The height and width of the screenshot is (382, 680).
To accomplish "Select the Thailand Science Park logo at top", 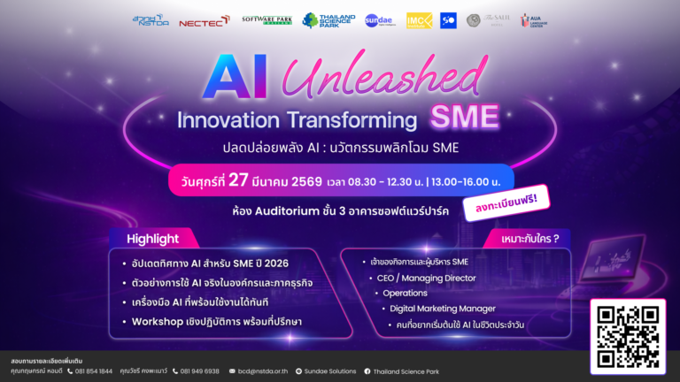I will [x=328, y=20].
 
